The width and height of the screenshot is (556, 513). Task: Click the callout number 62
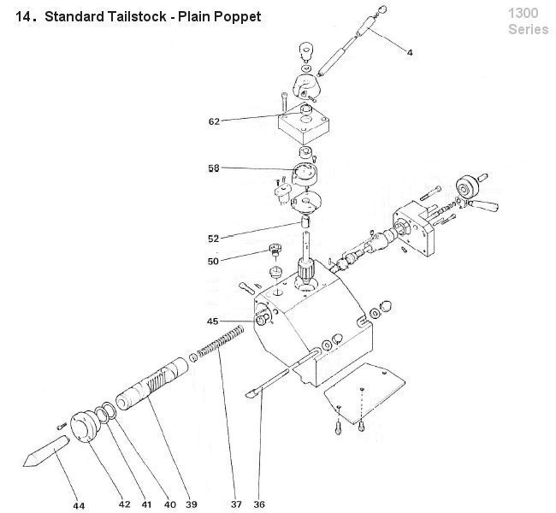tap(214, 121)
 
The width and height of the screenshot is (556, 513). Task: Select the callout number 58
tap(213, 168)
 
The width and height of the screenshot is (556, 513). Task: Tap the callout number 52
tap(214, 238)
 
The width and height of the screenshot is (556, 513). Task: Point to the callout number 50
tap(214, 260)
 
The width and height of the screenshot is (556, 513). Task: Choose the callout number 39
tap(192, 504)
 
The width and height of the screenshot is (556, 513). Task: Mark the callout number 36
tap(260, 504)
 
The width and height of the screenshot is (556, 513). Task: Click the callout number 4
tap(410, 53)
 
